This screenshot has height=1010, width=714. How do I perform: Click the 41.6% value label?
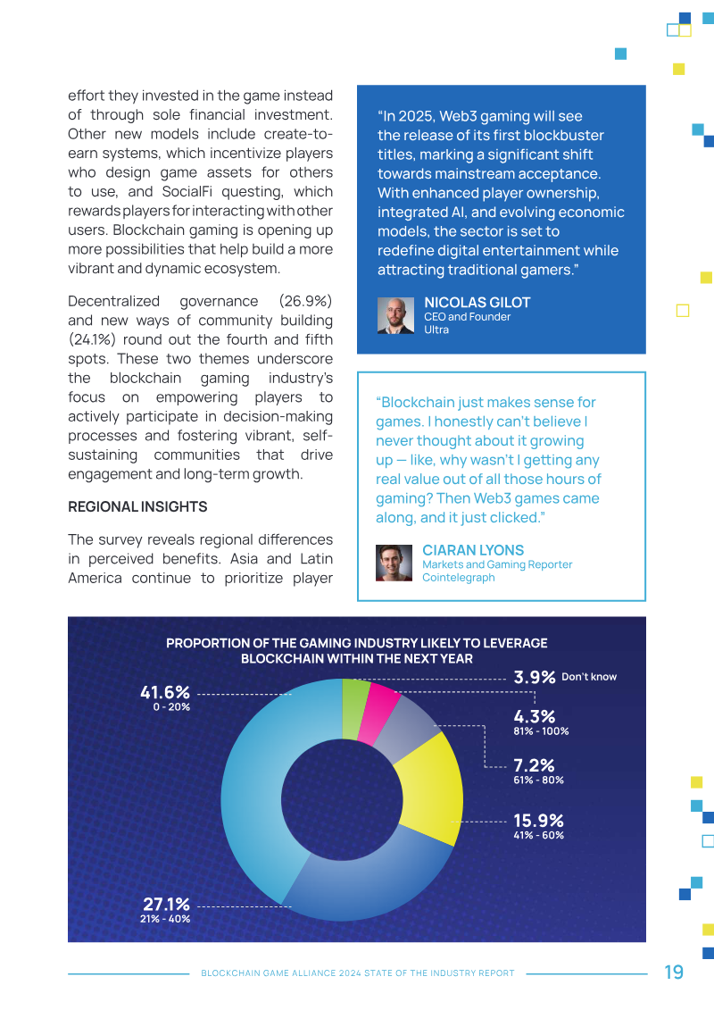coord(165,692)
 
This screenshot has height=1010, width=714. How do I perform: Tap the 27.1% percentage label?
coord(166,905)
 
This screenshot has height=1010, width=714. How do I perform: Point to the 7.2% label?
coord(534,765)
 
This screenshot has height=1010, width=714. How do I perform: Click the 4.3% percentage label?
coord(535,716)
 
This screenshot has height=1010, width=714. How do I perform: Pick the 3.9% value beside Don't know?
coord(535,677)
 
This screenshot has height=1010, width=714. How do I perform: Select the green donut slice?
coord(353,708)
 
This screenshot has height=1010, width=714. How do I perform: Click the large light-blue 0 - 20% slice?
coord(259,786)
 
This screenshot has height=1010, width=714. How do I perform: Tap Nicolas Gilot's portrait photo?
coord(395,315)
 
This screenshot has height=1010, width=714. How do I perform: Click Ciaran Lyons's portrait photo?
coord(394,563)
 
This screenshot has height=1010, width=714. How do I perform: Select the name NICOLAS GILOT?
coord(477,303)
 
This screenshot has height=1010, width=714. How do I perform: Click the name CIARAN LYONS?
coord(473,550)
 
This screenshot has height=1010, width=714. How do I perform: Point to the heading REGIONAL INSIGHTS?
coord(137,506)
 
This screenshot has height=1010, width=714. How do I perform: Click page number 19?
coord(674,972)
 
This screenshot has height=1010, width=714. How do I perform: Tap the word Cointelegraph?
coord(458,577)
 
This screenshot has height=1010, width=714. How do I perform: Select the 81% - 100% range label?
coord(541,731)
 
